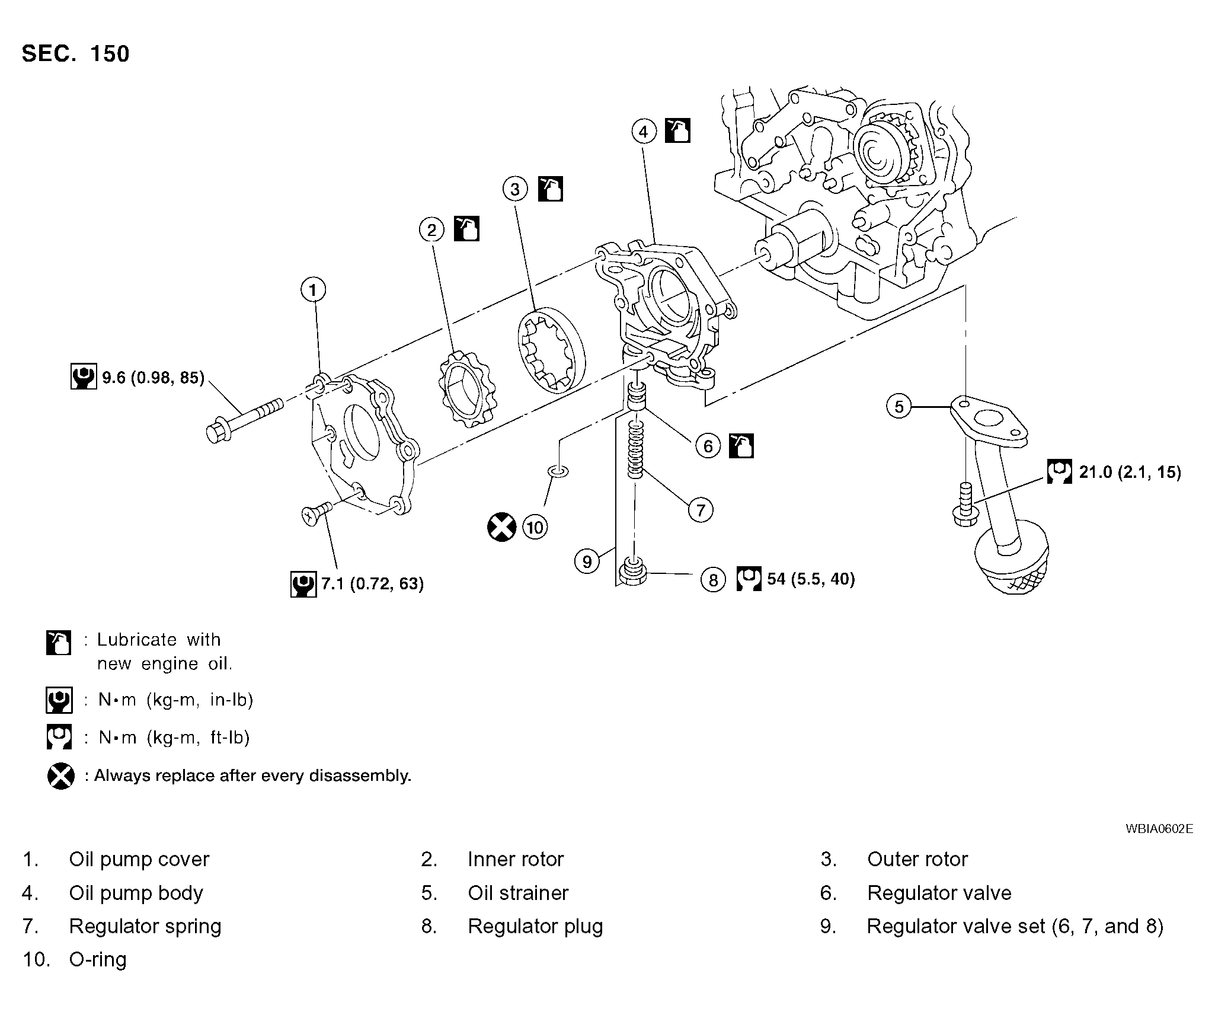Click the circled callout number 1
[x=313, y=290]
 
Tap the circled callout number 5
[x=899, y=407]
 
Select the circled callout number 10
[x=535, y=527]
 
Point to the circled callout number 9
[x=587, y=561]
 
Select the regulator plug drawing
[x=632, y=573]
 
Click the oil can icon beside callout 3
[x=551, y=189]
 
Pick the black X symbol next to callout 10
[x=501, y=527]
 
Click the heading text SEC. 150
[x=75, y=54]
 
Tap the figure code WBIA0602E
[x=1159, y=829]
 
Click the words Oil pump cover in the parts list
[x=139, y=859]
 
